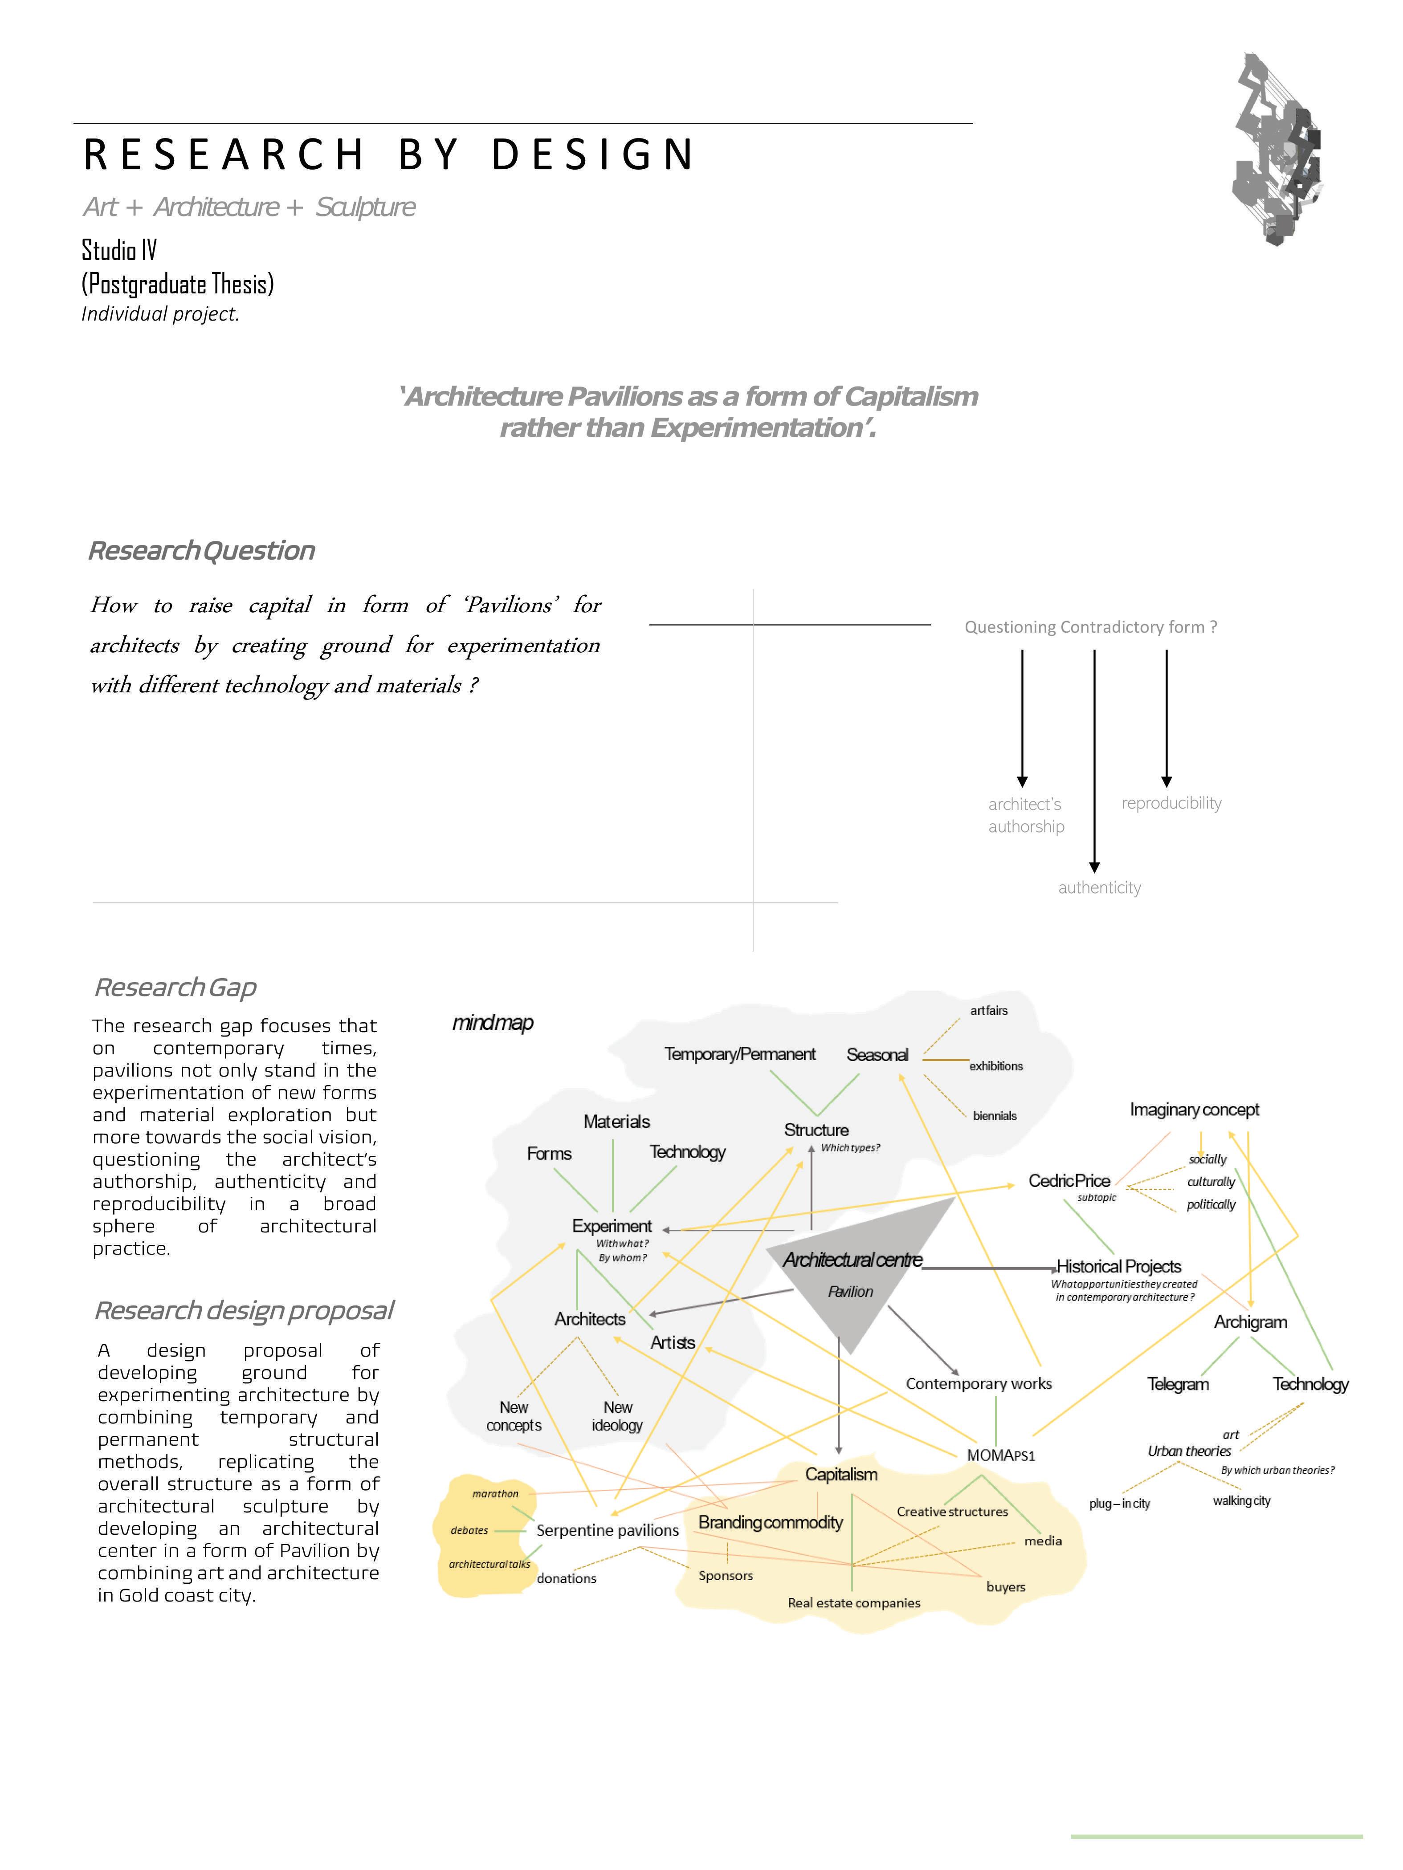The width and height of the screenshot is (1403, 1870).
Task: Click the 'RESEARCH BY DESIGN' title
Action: [389, 154]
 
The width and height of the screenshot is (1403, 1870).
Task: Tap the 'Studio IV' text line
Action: [119, 250]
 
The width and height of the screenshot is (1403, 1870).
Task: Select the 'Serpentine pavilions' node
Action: [607, 1530]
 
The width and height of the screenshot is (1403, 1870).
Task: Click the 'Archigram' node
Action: [1250, 1322]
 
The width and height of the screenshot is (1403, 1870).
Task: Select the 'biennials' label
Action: [995, 1116]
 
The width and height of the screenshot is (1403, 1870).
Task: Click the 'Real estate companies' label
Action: [853, 1603]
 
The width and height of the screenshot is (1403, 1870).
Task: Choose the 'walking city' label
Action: [1240, 1500]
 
